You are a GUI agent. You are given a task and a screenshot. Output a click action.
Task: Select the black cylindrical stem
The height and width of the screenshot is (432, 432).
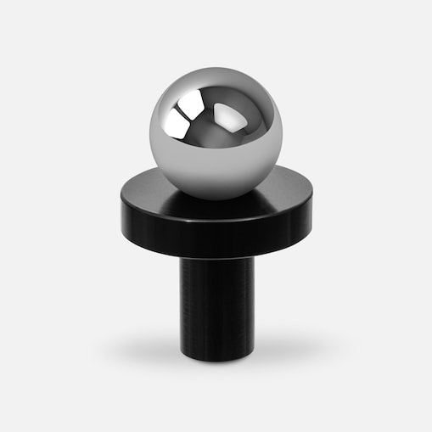(x=216, y=306)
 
